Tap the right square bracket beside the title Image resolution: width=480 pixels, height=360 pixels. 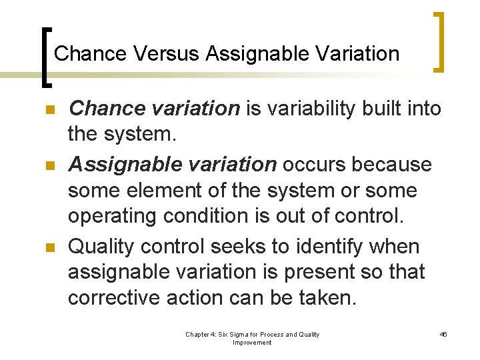tap(439, 41)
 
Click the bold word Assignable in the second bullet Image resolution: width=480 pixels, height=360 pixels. tap(121, 163)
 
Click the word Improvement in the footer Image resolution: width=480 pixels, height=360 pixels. tap(252, 343)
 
